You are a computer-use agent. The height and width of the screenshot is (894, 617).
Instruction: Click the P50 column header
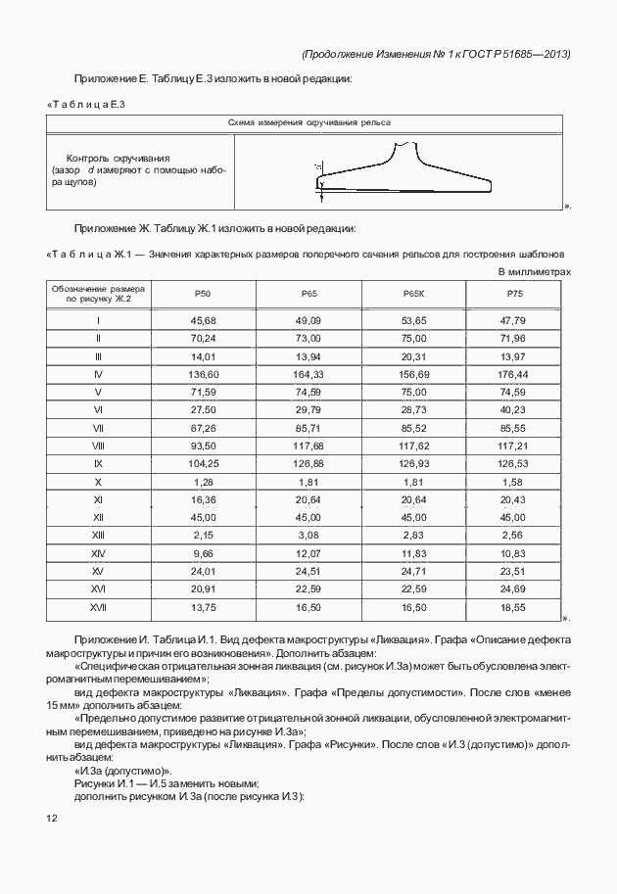pos(203,295)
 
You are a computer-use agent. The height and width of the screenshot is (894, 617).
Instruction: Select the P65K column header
pos(412,295)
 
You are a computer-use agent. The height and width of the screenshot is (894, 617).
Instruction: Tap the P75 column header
pos(512,295)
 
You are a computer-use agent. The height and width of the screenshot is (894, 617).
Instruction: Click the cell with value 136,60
pos(203,374)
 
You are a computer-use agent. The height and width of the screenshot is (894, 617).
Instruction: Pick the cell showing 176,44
pos(512,374)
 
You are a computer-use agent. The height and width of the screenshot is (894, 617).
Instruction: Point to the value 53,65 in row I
pos(412,320)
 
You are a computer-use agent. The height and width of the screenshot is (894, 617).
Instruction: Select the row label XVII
pos(98,607)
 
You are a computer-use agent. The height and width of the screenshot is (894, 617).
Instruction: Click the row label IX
pos(98,463)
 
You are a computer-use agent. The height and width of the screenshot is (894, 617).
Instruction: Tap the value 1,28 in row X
pos(203,482)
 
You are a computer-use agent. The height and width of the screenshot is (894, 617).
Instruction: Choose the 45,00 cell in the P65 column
pos(308,517)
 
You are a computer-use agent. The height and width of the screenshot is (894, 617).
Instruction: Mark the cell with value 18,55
pos(512,607)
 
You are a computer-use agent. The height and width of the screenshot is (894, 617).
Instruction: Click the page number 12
pos(52,818)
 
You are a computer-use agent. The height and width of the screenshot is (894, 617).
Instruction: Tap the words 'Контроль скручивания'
pos(119,158)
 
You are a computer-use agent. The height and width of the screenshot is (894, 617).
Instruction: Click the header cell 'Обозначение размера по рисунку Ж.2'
pos(98,295)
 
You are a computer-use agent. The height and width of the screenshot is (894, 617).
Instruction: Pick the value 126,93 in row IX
pos(412,463)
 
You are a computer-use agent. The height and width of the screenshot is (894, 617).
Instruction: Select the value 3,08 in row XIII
pos(308,536)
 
